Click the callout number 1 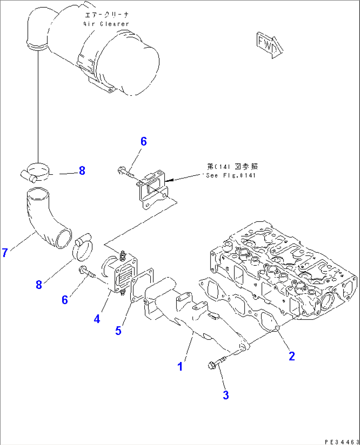point(180,366)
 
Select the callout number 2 point(292,356)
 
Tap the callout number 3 point(226,395)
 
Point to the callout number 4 point(97,319)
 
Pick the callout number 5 point(118,331)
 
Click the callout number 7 point(5,253)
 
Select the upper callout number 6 point(143,142)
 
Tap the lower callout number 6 point(65,300)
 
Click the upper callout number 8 point(82,171)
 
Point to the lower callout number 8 point(39,285)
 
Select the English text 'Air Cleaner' point(106,24)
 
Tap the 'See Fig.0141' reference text point(231,176)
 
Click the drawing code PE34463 point(342,442)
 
